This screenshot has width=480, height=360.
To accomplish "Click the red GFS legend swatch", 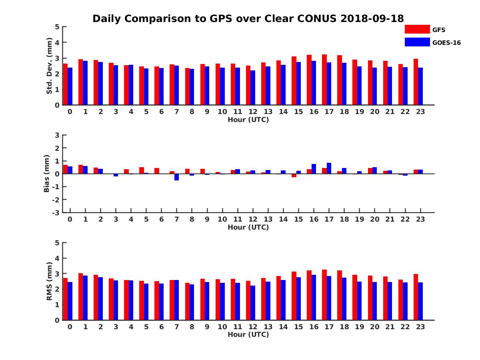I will (x=417, y=29).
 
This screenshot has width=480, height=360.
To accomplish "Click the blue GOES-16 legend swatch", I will (x=417, y=42).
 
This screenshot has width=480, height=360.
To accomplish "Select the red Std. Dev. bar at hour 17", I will (x=324, y=80).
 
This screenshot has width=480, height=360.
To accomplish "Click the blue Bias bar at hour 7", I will (x=176, y=177).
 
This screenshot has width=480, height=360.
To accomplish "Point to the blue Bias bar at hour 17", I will (x=329, y=168).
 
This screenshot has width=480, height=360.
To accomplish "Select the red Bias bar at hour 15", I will (x=294, y=175).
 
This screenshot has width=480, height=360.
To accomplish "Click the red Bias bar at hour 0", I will (x=65, y=169).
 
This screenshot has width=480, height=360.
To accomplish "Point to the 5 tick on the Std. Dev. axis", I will (x=57, y=27).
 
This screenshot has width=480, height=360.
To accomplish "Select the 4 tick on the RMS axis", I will (x=57, y=258).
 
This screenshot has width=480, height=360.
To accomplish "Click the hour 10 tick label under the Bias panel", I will (x=222, y=219).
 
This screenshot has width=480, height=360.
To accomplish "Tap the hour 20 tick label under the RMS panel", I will (x=374, y=326).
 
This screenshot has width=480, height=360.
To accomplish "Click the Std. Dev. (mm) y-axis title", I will (x=50, y=66).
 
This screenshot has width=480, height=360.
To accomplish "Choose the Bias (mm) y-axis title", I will (x=47, y=174).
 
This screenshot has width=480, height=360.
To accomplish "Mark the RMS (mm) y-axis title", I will (x=50, y=281).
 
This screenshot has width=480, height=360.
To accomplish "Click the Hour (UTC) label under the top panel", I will (x=248, y=120).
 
